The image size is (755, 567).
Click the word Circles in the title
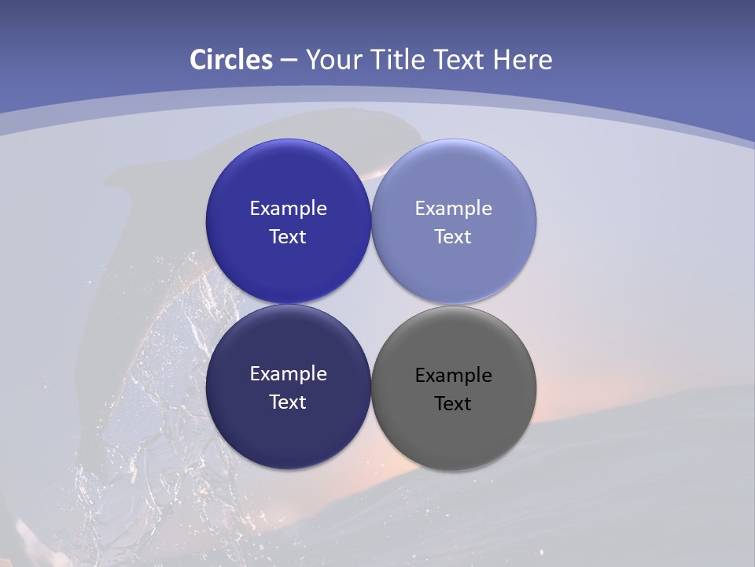(x=231, y=60)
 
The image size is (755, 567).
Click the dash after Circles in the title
(x=289, y=61)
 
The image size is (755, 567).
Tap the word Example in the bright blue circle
(x=288, y=209)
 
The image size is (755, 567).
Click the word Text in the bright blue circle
(x=288, y=237)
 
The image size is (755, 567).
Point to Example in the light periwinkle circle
(x=454, y=209)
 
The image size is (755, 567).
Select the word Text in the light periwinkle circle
(x=454, y=237)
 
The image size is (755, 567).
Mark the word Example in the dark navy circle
(x=288, y=374)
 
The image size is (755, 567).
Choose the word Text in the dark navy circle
(x=288, y=402)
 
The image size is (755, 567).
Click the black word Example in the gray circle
(x=454, y=376)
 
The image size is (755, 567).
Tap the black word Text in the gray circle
(x=454, y=404)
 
